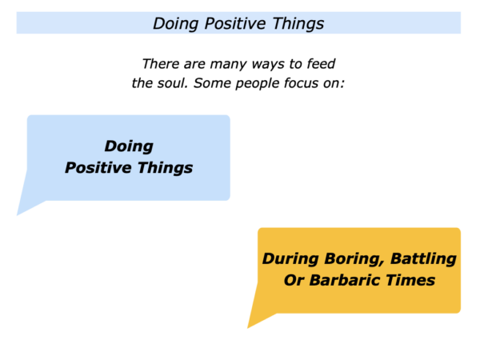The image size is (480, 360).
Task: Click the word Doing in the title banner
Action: click(x=175, y=24)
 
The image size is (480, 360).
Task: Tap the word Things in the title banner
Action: click(x=298, y=24)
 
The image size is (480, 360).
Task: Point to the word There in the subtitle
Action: click(x=161, y=64)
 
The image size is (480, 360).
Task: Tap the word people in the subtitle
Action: click(x=257, y=83)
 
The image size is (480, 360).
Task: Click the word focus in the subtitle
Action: click(x=302, y=83)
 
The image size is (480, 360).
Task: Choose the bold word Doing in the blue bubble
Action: click(x=129, y=146)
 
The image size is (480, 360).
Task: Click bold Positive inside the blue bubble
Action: click(x=98, y=167)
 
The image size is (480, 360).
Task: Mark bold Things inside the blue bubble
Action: click(x=165, y=168)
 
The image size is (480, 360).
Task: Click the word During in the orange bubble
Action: click(x=290, y=258)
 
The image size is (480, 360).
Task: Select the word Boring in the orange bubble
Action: click(x=354, y=259)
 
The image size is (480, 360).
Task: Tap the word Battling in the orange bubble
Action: click(x=423, y=259)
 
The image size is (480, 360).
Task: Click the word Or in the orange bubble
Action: click(x=294, y=281)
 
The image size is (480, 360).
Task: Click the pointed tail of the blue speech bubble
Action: click(x=18, y=215)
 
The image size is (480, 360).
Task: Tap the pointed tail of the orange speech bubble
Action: click(x=248, y=327)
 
